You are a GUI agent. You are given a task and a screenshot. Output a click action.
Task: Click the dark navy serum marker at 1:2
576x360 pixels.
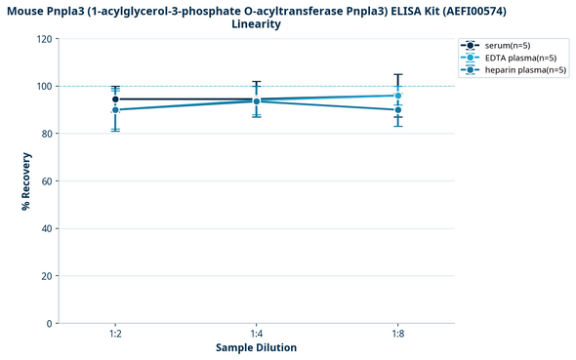(115, 100)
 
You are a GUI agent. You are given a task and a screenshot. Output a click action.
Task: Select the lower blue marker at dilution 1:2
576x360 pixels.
(115, 110)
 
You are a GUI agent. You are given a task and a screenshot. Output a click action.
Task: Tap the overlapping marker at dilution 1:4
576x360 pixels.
(256, 100)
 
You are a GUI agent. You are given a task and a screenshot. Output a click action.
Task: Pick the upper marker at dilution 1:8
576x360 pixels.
(397, 96)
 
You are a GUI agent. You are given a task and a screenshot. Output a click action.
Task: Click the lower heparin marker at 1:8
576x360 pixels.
(397, 110)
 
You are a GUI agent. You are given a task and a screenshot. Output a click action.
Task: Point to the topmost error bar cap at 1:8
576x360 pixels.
(397, 74)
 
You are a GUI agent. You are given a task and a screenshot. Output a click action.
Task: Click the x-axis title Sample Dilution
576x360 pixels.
(256, 348)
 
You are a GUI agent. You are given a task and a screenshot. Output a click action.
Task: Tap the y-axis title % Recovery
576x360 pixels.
(26, 181)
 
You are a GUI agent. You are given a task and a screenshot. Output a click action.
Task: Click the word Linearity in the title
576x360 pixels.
(257, 23)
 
